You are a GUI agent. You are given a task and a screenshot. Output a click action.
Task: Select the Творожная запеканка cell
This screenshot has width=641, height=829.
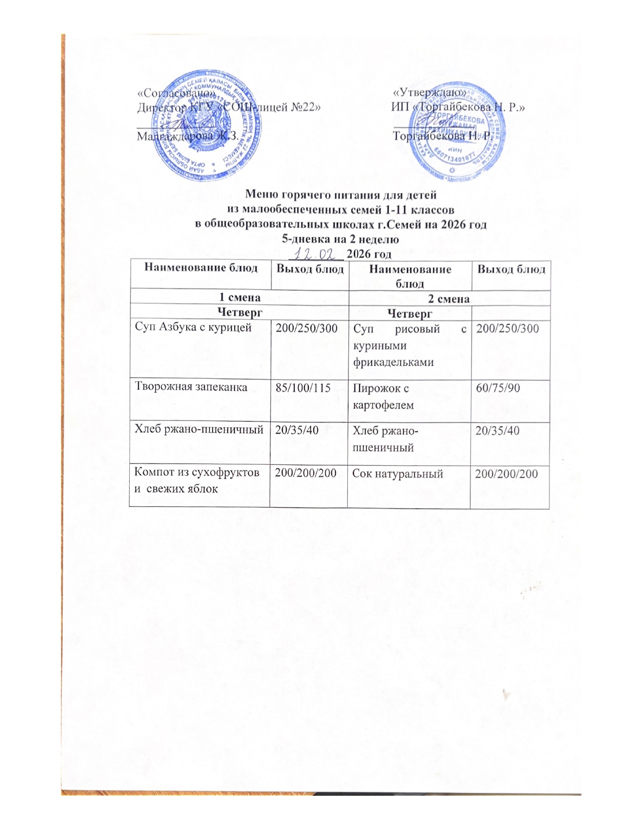pyautogui.click(x=191, y=387)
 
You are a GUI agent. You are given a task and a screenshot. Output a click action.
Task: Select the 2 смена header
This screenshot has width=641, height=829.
pyautogui.click(x=448, y=299)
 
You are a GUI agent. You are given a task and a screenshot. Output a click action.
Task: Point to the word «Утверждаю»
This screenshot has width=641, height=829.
pyautogui.click(x=430, y=92)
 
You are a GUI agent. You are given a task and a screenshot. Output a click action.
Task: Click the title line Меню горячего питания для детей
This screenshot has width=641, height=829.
pyautogui.click(x=340, y=194)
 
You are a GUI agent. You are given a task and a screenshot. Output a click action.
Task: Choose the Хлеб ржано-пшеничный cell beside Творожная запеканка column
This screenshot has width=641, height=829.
pyautogui.click(x=200, y=430)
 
